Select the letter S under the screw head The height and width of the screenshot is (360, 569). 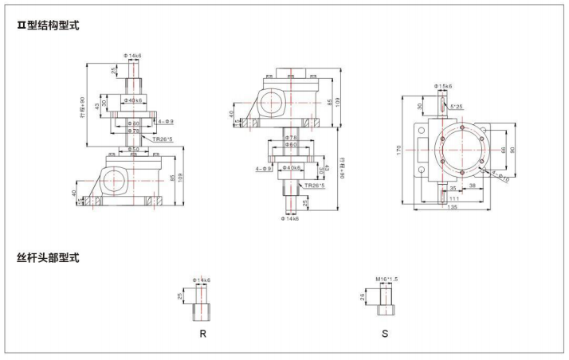tap(385, 332)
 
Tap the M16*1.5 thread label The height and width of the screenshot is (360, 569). tap(387, 279)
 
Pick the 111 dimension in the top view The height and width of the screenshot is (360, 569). tap(454, 199)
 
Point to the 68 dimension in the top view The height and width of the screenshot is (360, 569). tap(503, 149)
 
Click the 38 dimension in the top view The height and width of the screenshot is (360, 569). tap(473, 185)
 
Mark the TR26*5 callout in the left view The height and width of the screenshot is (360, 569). tap(164, 138)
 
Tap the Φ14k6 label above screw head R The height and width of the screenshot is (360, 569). tap(201, 280)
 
